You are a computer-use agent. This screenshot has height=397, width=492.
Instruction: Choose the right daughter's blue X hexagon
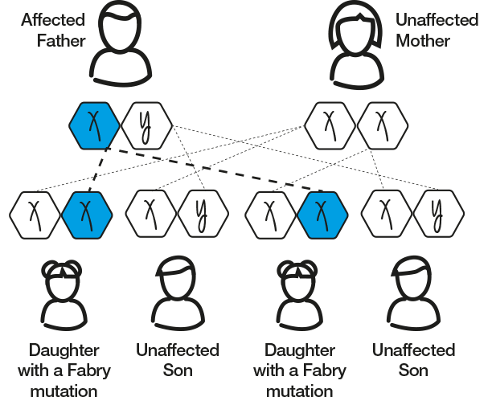[322, 213]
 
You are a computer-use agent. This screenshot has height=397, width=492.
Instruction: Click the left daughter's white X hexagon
[35, 213]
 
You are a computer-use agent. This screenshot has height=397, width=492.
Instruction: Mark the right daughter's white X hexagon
[270, 213]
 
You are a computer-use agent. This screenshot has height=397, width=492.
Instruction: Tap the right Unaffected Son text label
[413, 360]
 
